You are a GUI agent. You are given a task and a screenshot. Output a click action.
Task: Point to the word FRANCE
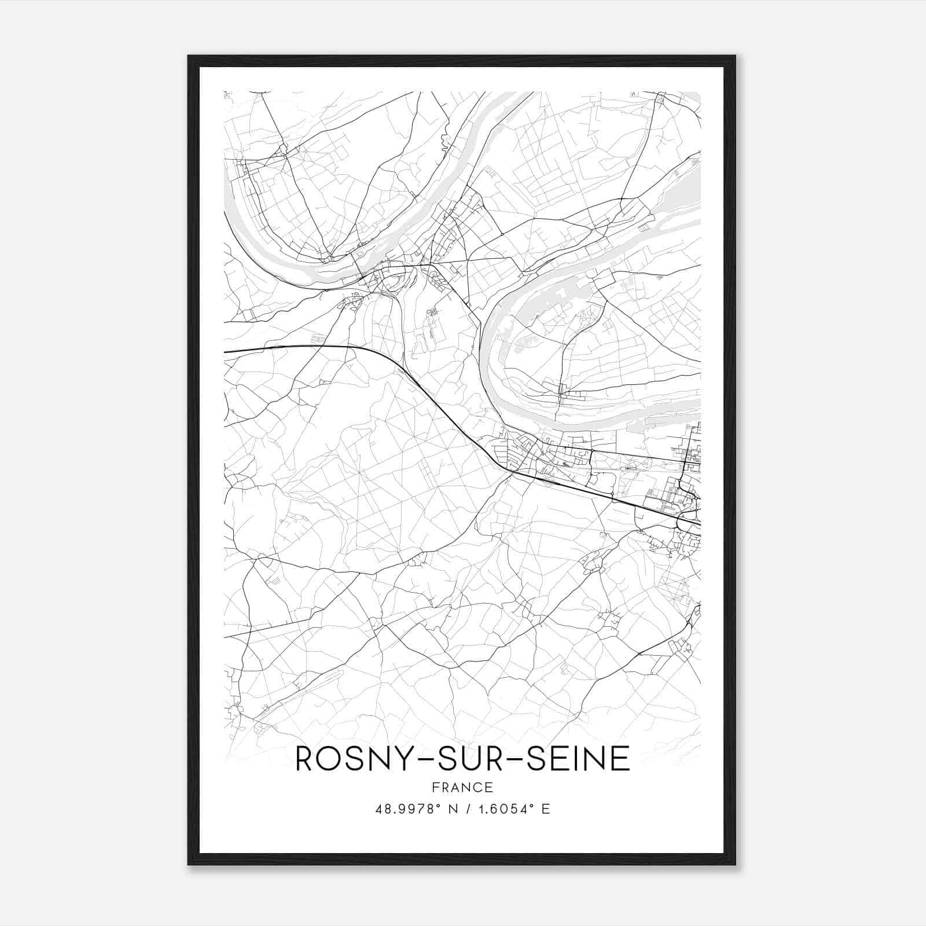click(462, 788)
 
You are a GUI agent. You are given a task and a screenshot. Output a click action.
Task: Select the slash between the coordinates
click(466, 809)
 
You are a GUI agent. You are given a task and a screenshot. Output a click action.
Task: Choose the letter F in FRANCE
click(435, 788)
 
